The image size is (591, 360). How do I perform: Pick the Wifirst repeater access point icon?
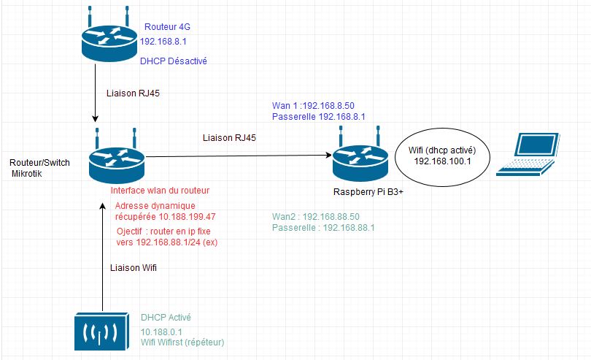(x=102, y=333)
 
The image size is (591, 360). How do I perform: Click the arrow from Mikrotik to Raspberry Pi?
(x=233, y=155)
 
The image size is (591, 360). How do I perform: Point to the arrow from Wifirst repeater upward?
(x=102, y=256)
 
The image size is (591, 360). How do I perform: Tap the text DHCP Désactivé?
(x=174, y=61)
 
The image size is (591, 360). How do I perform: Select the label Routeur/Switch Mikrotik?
(x=39, y=169)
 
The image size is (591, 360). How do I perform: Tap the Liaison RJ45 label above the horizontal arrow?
(x=227, y=137)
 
